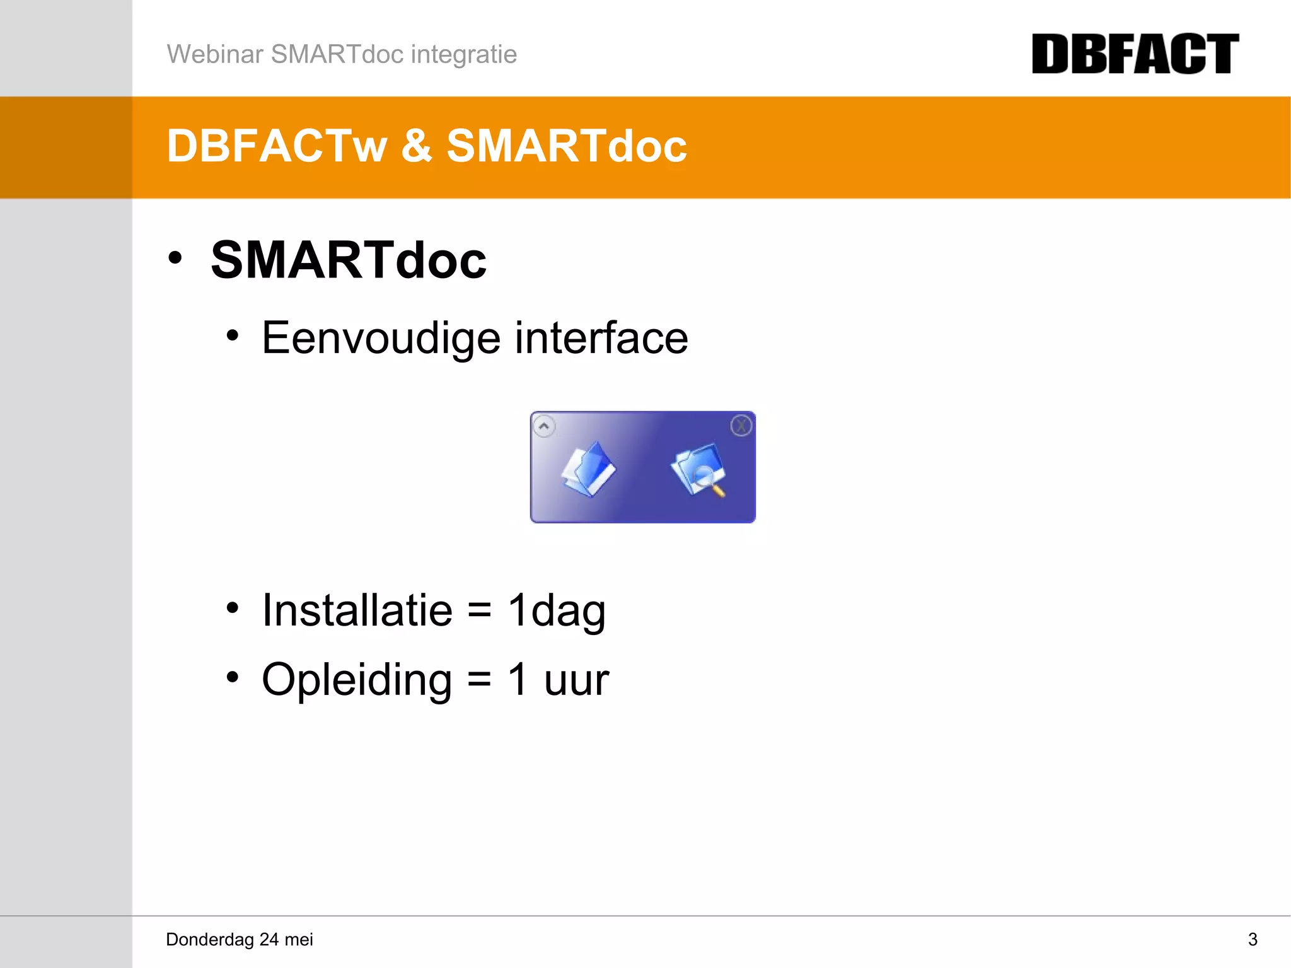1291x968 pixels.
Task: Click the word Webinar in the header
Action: click(215, 54)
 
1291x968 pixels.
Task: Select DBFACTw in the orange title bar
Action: click(277, 146)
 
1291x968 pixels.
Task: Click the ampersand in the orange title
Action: click(416, 146)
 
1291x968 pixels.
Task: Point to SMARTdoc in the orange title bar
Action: click(567, 146)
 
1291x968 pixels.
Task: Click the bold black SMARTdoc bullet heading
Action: click(349, 260)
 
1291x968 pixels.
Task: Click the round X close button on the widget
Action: click(741, 426)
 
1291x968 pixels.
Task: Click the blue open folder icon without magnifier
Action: click(588, 470)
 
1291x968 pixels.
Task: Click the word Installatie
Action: click(357, 610)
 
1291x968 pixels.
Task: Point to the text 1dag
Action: click(557, 610)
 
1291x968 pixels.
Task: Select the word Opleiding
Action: click(357, 680)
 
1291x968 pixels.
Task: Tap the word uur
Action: click(576, 680)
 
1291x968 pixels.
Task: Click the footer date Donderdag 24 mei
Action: click(240, 940)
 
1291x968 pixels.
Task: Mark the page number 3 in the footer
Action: click(1253, 940)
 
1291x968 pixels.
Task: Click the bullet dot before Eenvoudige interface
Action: click(233, 336)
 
